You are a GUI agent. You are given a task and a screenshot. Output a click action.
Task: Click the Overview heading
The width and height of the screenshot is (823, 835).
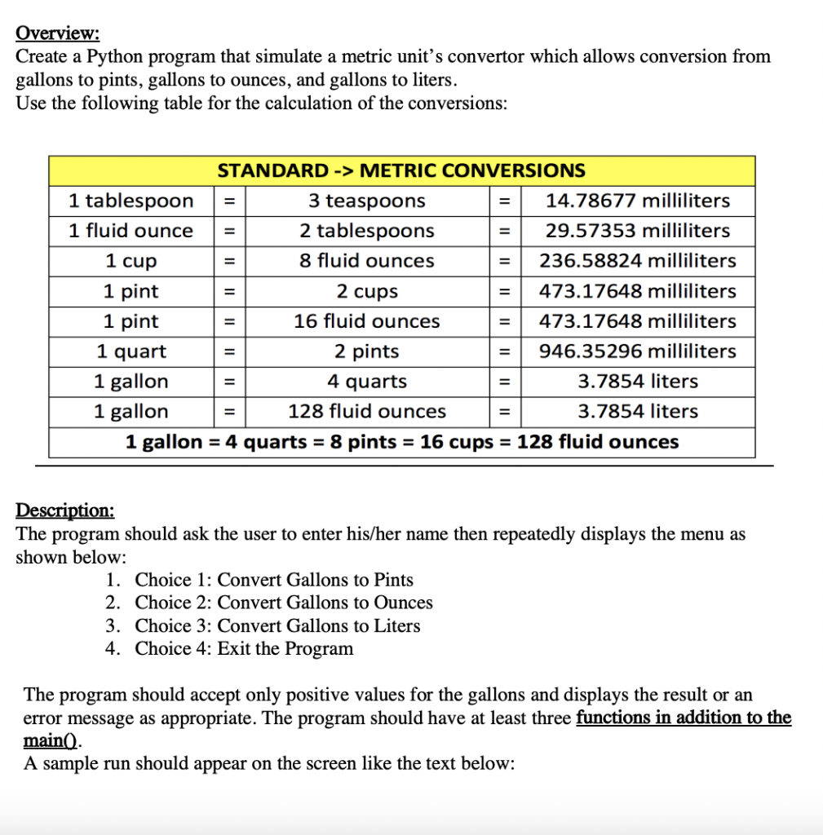[57, 33]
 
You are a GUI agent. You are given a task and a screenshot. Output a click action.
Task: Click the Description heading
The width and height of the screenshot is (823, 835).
[65, 510]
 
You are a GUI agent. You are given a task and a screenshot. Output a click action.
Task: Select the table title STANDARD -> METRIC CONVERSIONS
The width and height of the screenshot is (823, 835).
[400, 170]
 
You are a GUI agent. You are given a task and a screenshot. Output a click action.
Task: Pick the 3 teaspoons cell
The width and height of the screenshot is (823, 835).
[366, 201]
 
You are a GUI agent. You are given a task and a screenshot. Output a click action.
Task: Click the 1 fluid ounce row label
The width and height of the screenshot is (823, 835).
[131, 231]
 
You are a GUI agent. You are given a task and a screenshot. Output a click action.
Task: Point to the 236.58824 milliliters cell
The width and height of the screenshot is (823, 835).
[637, 261]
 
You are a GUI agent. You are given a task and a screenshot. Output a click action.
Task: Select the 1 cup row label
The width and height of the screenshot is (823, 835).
[131, 261]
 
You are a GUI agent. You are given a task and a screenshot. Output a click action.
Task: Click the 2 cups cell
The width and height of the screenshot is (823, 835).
[366, 291]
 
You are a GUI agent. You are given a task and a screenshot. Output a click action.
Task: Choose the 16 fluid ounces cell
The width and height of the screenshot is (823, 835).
[366, 321]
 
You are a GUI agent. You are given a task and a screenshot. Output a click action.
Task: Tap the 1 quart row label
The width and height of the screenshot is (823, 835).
[131, 351]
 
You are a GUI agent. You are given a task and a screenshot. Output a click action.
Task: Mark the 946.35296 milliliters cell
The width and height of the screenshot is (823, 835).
[637, 351]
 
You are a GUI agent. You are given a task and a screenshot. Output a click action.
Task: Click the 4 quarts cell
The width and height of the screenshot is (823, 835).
[366, 382]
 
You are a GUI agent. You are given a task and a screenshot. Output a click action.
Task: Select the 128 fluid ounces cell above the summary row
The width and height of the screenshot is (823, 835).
[366, 412]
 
